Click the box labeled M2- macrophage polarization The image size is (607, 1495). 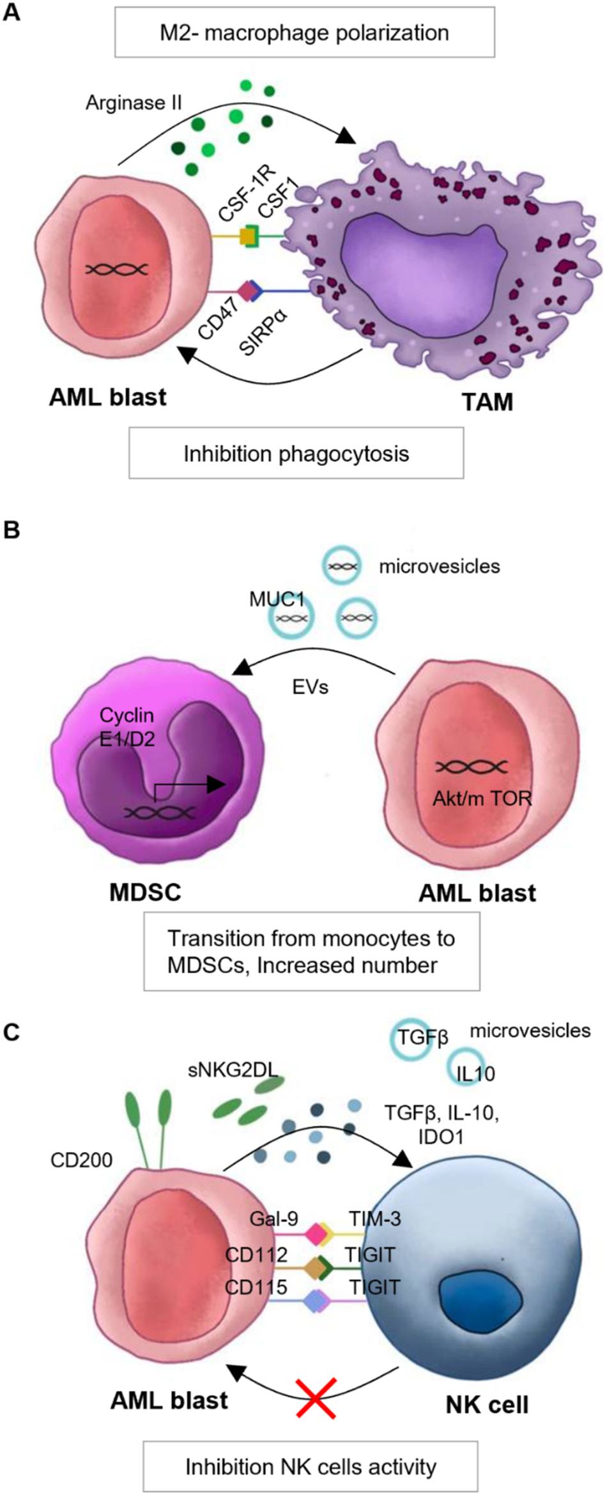304,33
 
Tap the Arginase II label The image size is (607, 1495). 134,103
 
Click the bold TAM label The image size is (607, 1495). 488,402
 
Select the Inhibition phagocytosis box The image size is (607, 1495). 296,454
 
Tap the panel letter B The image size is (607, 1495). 12,530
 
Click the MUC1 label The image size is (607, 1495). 277,600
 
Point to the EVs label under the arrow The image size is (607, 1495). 311,687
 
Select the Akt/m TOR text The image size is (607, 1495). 482,798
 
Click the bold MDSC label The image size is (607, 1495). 145,892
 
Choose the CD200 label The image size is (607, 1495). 81,1159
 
